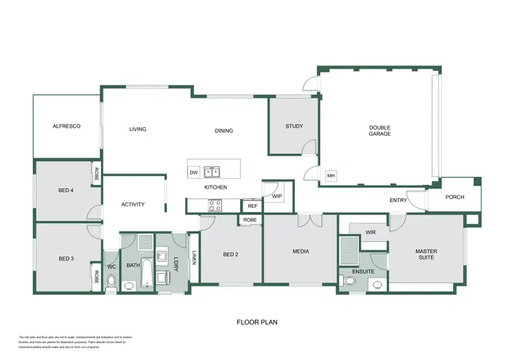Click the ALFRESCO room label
(x=67, y=126)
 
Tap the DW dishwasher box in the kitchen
(x=194, y=173)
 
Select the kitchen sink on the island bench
(x=212, y=172)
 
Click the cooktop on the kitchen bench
(x=215, y=203)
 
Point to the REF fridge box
(x=252, y=206)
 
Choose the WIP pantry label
(x=277, y=196)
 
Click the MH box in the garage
(x=331, y=176)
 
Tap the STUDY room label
(x=294, y=126)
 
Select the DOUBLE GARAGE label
(x=380, y=130)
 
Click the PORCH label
(x=455, y=198)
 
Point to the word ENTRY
(x=398, y=200)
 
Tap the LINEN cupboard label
(x=194, y=258)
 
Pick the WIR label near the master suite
(x=371, y=232)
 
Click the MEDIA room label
(x=301, y=251)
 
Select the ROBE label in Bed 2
(x=250, y=220)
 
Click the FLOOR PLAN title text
(x=257, y=323)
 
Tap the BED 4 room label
(x=66, y=191)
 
